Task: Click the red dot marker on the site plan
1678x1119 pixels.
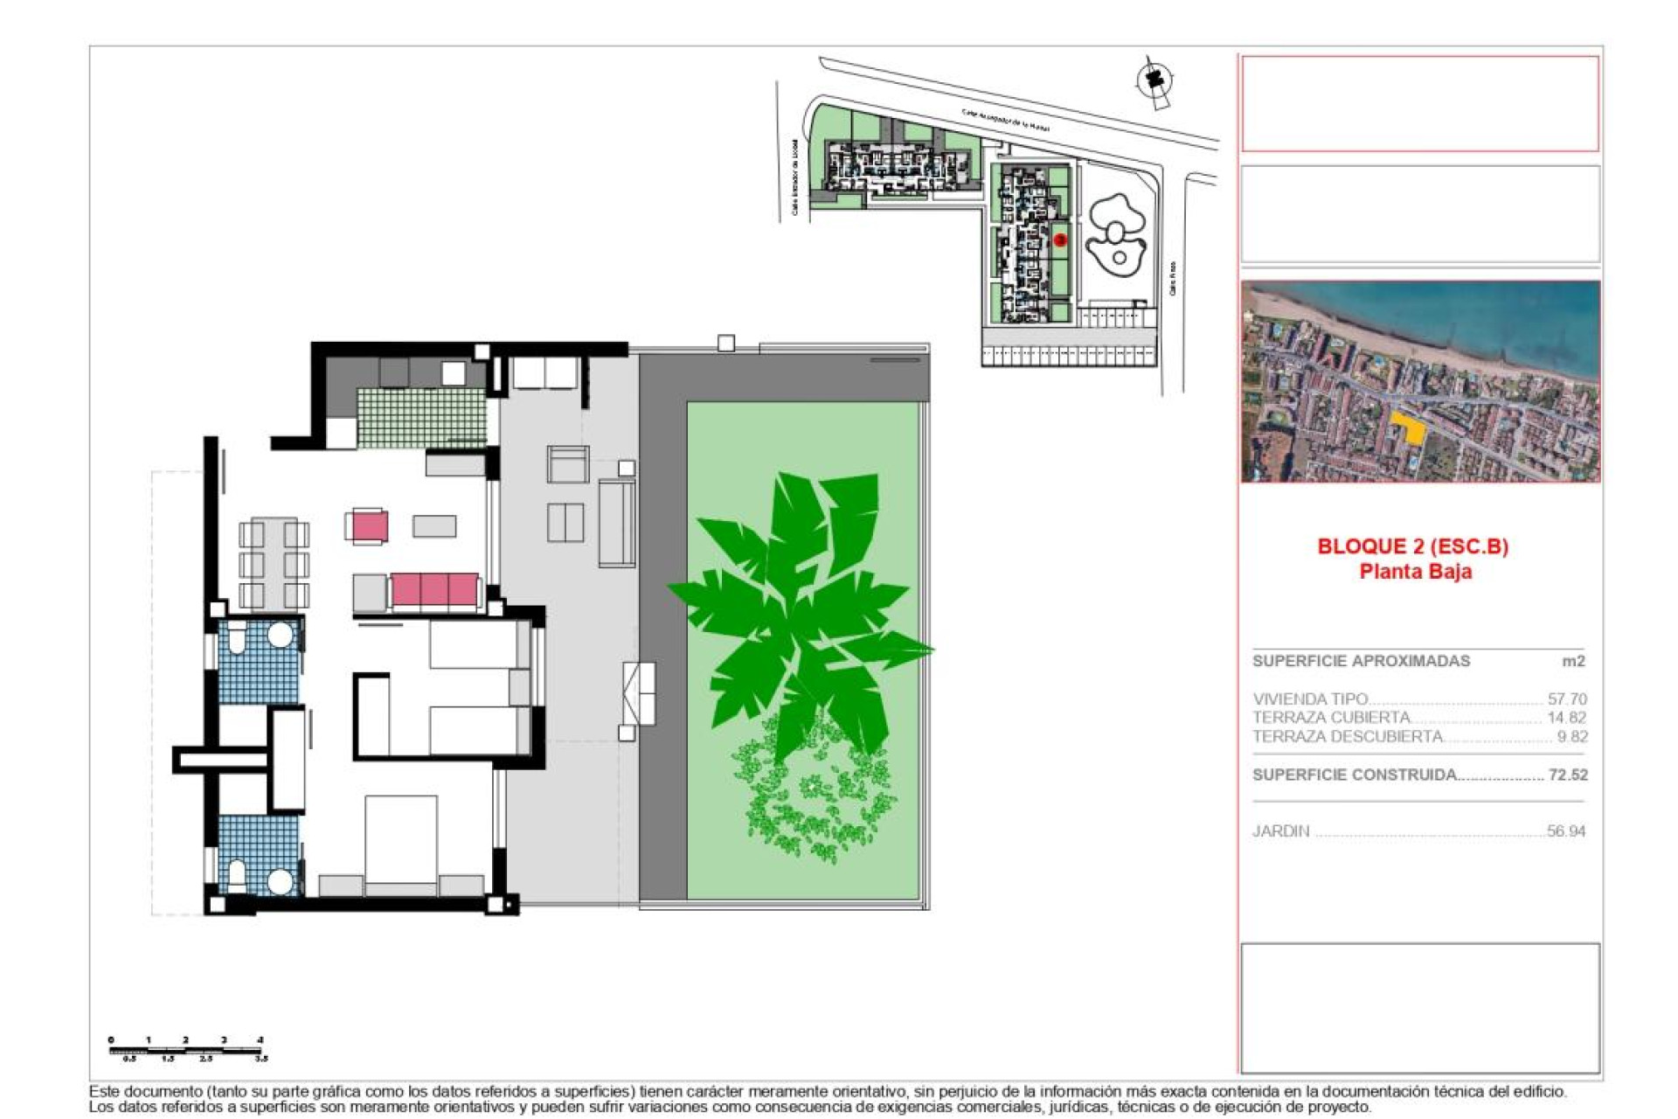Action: pos(1060,240)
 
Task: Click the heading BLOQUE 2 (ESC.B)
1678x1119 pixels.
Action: pos(1412,546)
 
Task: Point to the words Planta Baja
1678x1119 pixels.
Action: pos(1415,572)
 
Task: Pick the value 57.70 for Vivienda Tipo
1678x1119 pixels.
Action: pos(1566,699)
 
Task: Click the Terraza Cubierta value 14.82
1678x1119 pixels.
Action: pos(1566,718)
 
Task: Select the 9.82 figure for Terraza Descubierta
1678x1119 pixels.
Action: pos(1571,737)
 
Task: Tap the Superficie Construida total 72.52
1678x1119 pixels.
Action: pos(1568,775)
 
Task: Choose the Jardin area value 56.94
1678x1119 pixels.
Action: pos(1565,831)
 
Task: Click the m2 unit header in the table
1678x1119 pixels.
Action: pos(1573,661)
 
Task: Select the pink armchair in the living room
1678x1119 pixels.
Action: pos(369,526)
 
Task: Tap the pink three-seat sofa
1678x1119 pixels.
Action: pos(434,590)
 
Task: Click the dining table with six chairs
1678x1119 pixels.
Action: pos(274,563)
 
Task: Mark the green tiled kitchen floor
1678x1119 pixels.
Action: pos(420,416)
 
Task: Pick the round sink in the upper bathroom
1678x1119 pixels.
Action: pos(280,635)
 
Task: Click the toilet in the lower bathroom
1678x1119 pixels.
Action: pos(236,873)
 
